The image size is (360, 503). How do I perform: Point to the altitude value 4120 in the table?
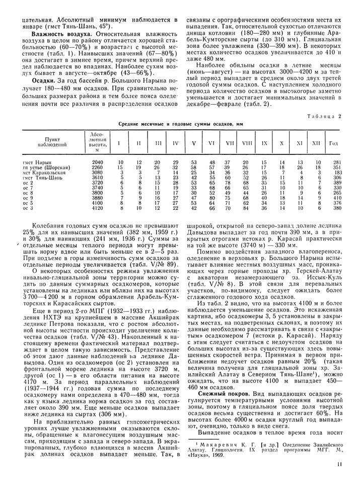pos(98,208)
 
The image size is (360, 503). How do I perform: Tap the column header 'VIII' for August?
pos(247,143)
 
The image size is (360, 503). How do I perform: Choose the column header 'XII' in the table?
pos(316,143)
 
